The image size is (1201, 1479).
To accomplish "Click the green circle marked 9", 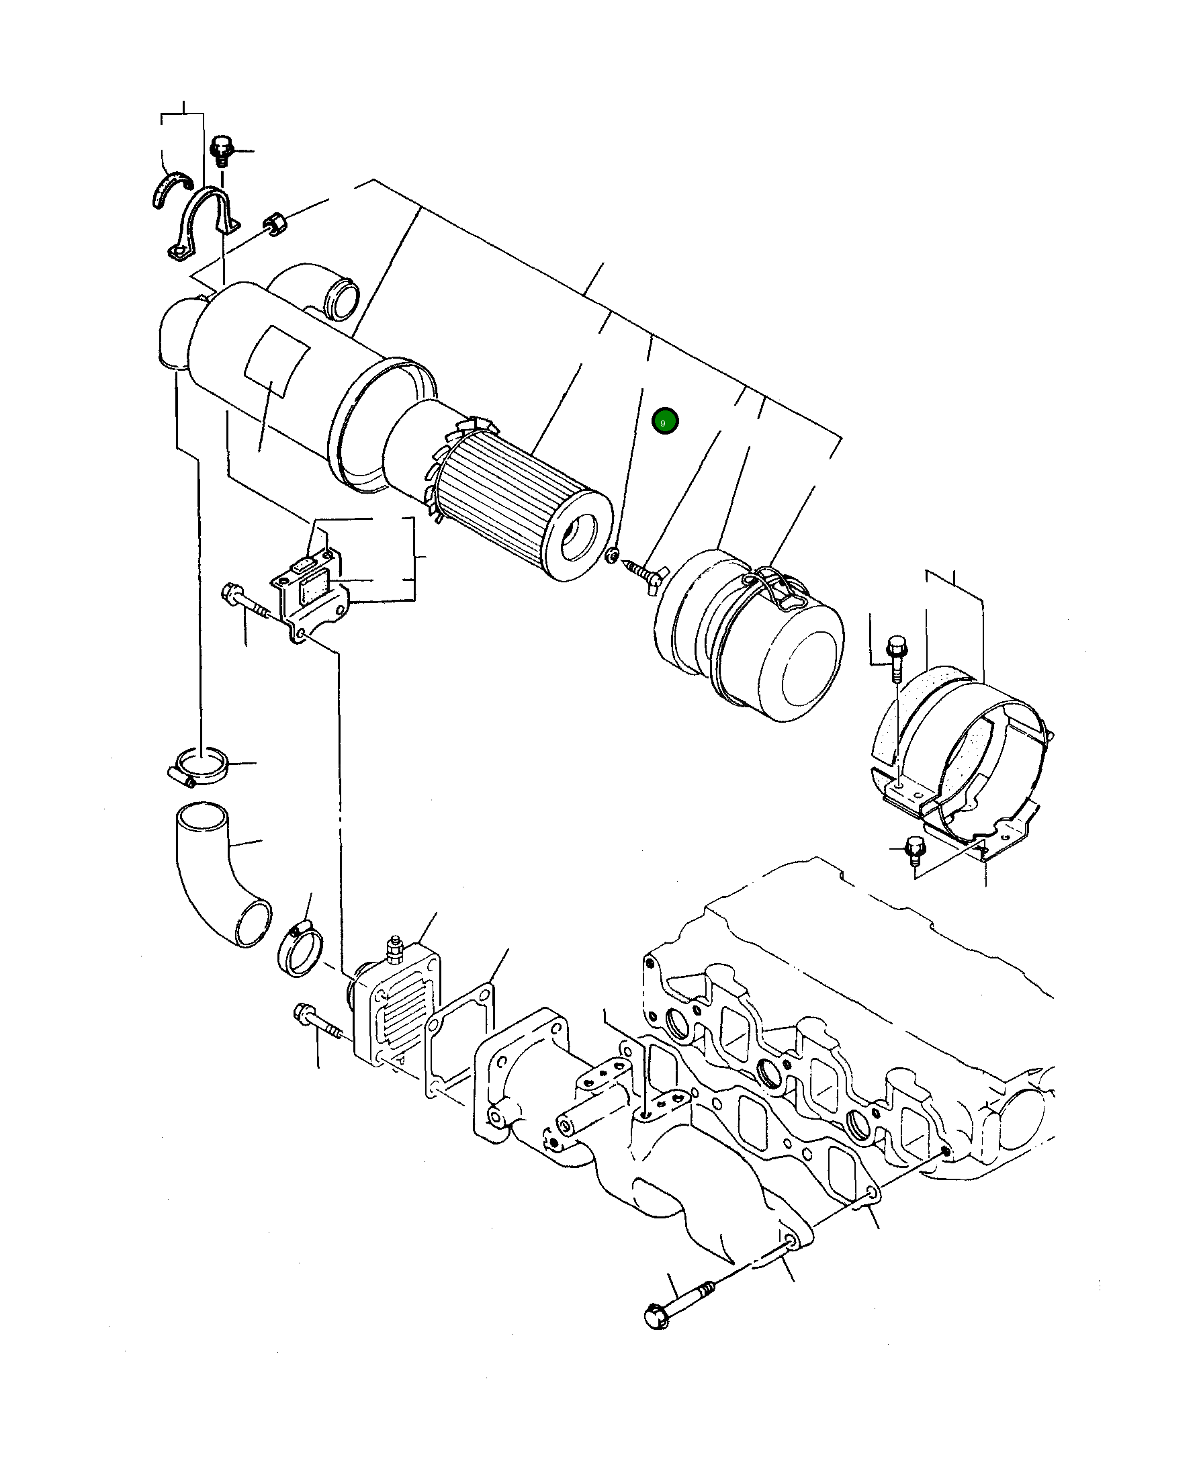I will point(665,421).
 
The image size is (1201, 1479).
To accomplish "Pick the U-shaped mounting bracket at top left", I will point(204,225).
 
